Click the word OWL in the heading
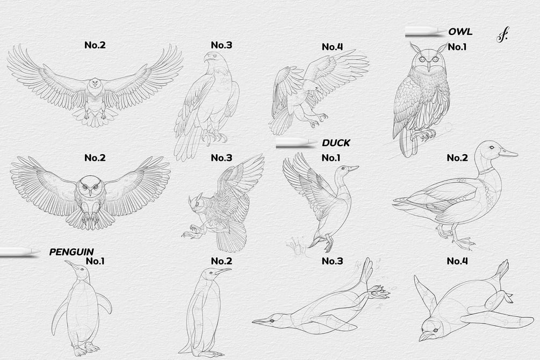[460, 32]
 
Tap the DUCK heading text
[336, 143]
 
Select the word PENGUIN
[71, 252]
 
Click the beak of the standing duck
[508, 153]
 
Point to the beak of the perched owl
[428, 65]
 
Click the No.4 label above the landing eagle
[333, 47]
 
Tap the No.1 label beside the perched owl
[457, 47]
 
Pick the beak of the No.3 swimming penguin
[261, 322]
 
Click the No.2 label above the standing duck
[457, 158]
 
